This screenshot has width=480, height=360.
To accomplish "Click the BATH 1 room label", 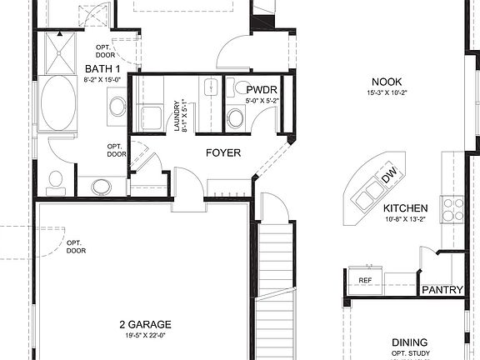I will [102, 69].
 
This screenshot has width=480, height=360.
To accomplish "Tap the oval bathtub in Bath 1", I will [58, 103].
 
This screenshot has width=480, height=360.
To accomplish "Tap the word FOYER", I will [223, 153].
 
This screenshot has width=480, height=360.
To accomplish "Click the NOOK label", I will [387, 81].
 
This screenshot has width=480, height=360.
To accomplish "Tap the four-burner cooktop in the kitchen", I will [453, 208].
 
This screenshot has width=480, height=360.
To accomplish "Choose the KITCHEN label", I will [405, 208].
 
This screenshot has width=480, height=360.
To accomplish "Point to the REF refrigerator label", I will [365, 281].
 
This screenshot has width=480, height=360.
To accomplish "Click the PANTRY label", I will [442, 290].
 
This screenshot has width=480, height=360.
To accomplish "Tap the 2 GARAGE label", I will [145, 324].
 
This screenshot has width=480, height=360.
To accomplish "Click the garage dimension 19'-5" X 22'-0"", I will [145, 336].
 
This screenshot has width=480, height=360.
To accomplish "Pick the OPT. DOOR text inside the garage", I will [76, 246].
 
